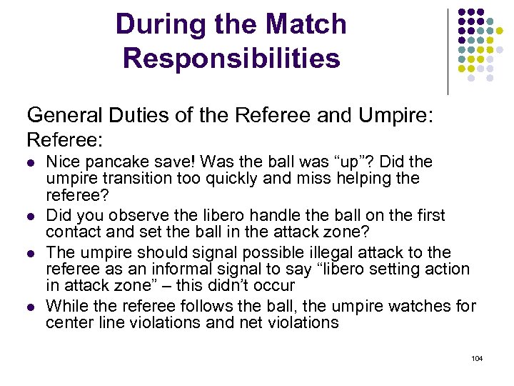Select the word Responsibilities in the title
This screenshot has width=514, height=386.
point(231,58)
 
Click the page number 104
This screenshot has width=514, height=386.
point(477,358)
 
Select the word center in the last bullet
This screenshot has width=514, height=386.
point(68,322)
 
